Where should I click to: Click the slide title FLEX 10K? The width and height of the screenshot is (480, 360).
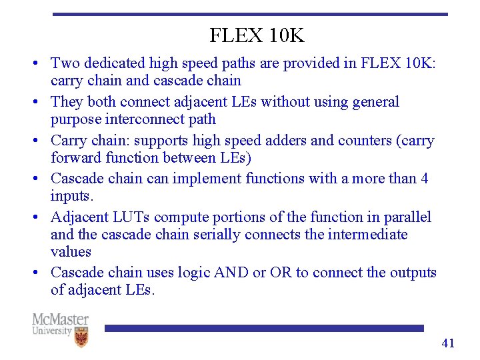[x=257, y=35]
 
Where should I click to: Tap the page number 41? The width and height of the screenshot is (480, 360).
[x=448, y=343]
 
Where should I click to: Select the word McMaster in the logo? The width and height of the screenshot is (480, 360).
[x=60, y=319]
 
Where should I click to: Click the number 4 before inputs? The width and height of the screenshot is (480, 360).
[x=424, y=179]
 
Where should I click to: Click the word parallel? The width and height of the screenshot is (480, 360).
[x=406, y=217]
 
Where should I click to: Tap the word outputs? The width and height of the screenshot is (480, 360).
[x=412, y=273]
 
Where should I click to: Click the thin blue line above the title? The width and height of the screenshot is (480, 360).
[x=250, y=14]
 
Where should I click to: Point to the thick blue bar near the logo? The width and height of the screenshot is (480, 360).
[x=263, y=328]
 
